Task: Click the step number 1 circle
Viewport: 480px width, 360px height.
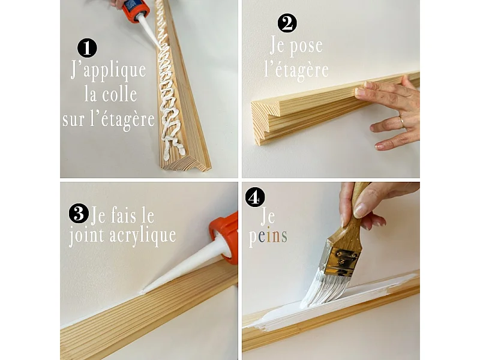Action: coord(88,47)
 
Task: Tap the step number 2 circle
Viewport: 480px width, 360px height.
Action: coord(287,23)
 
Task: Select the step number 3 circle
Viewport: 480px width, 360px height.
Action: coord(77,213)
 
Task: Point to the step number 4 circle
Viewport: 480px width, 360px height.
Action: coord(255,197)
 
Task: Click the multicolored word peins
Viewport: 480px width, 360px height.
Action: coord(268,236)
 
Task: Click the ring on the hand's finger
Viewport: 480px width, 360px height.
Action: coord(401,122)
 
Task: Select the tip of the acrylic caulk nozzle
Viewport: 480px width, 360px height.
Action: coord(144,291)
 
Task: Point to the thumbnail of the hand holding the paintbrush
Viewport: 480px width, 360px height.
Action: coord(359,209)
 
